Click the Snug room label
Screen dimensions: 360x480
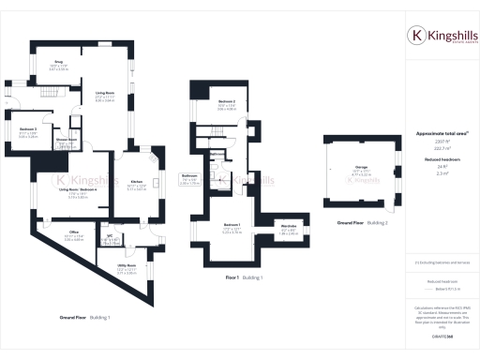tap(57, 63)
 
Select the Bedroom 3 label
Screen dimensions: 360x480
tap(28, 129)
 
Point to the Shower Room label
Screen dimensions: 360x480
tap(65, 140)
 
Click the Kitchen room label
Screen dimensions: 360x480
tap(136, 181)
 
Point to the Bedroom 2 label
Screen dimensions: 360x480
tap(227, 100)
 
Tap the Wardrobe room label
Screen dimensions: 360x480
tap(290, 226)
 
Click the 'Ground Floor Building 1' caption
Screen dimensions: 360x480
tap(85, 318)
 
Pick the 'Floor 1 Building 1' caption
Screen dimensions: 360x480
tap(244, 278)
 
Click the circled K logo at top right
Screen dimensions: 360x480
tap(417, 37)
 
